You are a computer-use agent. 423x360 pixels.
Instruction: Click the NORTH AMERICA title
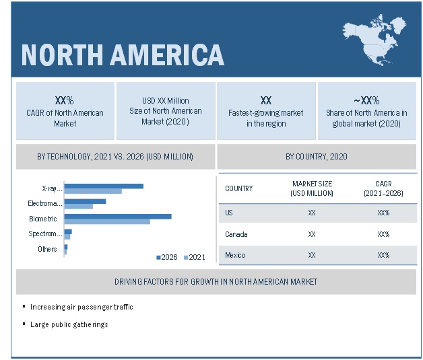(122, 55)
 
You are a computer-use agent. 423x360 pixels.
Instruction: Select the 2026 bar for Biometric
(117, 216)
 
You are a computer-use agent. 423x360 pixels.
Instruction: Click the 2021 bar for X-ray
(92, 191)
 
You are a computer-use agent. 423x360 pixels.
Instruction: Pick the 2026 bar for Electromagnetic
(85, 201)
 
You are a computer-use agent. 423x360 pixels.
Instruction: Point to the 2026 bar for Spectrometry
(68, 231)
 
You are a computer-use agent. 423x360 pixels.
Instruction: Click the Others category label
(47, 249)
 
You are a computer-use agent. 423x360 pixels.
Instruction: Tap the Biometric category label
(42, 219)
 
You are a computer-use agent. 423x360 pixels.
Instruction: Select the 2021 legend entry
(195, 257)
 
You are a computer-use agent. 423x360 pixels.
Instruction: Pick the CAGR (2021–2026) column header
(383, 188)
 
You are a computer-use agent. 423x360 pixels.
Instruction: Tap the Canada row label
(236, 234)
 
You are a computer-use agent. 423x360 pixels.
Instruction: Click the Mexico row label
(235, 255)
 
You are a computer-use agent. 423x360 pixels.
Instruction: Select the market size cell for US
(312, 213)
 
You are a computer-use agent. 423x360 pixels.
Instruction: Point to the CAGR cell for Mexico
(383, 255)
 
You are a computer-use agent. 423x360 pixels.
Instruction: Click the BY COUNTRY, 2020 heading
(316, 157)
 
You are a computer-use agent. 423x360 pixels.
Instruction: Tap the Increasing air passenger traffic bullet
(82, 307)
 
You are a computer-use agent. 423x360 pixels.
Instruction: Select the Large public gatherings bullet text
(69, 324)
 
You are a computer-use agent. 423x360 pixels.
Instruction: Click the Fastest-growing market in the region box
(265, 112)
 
